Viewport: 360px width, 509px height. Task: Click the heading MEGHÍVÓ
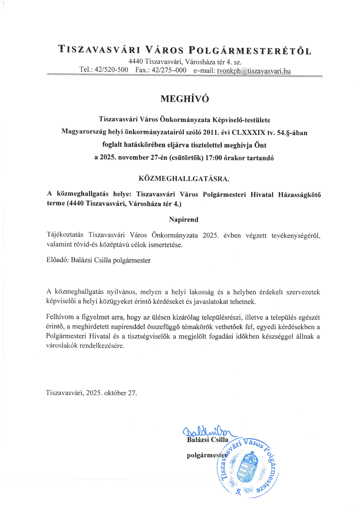(x=185, y=99)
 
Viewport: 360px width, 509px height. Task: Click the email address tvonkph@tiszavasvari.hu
(x=254, y=71)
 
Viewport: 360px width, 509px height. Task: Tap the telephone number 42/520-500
(x=111, y=70)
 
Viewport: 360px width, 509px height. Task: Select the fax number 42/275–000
(x=169, y=70)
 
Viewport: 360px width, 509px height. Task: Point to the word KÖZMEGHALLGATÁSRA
(x=184, y=179)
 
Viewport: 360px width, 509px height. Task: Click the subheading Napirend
(x=184, y=220)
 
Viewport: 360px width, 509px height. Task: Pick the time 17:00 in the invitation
(x=213, y=158)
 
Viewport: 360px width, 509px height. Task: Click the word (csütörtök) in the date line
(x=186, y=158)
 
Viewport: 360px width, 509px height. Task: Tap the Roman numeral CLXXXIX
(x=248, y=133)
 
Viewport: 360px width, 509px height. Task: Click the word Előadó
(x=58, y=260)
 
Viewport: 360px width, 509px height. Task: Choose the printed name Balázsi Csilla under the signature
(x=208, y=440)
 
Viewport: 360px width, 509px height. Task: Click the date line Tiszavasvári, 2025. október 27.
(x=91, y=393)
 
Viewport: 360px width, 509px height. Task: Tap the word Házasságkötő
(x=299, y=195)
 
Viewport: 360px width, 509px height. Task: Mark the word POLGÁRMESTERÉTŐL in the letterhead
(x=250, y=50)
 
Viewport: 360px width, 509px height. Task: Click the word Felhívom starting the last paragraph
(x=60, y=317)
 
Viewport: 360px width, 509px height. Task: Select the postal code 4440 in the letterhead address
(x=136, y=62)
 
